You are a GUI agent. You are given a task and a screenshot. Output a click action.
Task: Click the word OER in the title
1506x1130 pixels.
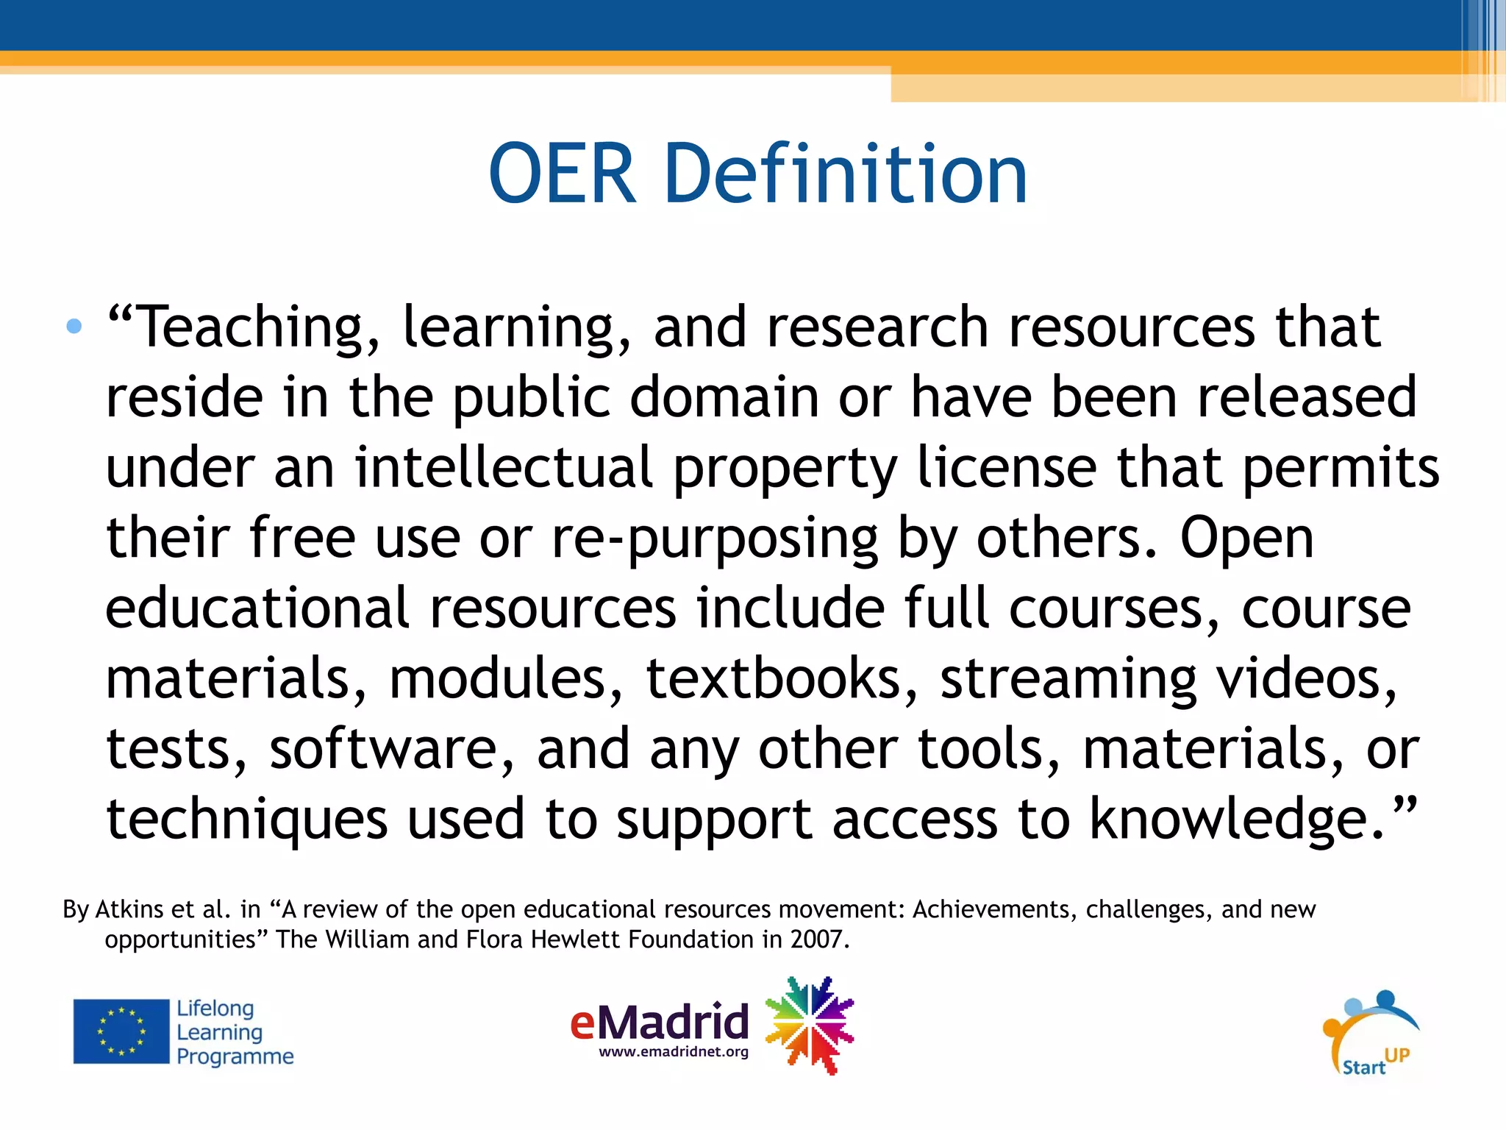(x=562, y=175)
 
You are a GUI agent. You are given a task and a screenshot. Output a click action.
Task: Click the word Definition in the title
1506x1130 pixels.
(x=846, y=175)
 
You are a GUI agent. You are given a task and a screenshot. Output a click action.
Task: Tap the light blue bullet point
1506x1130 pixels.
(x=74, y=326)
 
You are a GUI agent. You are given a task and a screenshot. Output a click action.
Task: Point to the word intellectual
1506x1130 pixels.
(x=504, y=468)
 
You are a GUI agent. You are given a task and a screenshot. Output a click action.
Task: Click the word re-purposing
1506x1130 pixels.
(x=715, y=539)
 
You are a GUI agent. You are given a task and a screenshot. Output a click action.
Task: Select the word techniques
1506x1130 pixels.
(x=247, y=820)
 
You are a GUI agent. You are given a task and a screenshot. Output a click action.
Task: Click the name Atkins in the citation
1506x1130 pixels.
(x=129, y=910)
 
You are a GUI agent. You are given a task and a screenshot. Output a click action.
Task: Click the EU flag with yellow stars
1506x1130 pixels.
(x=121, y=1031)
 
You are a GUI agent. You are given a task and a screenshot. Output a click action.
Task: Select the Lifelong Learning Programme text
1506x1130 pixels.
(x=234, y=1032)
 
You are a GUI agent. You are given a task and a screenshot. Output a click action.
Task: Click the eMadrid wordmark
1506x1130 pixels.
(x=660, y=1022)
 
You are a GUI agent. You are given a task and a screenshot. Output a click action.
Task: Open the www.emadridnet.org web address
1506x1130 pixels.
(x=674, y=1052)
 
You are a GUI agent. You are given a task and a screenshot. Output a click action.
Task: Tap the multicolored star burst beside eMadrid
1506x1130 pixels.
(x=810, y=1025)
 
